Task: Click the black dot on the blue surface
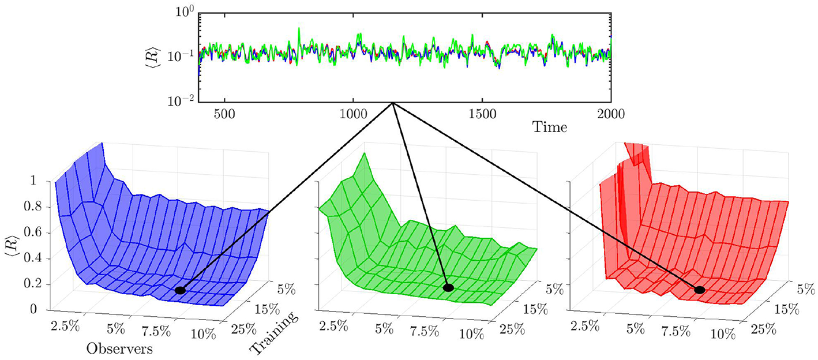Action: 180,290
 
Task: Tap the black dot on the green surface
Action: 448,287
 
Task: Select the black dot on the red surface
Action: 700,290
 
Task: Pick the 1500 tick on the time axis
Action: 482,113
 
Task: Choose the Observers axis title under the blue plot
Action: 119,350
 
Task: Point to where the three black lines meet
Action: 393,103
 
